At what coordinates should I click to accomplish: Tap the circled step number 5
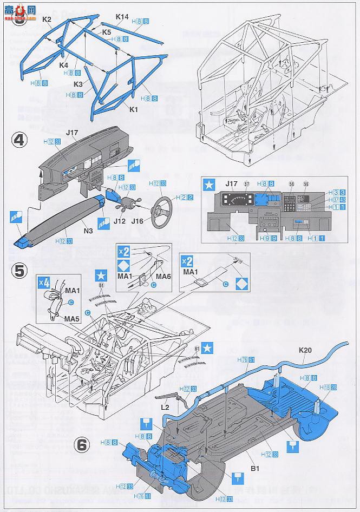19,270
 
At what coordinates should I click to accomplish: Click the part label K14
122,17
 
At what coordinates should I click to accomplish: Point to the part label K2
47,19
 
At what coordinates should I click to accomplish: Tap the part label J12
121,221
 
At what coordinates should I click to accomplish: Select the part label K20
305,350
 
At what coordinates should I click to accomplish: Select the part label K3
78,85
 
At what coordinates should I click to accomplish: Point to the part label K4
64,64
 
